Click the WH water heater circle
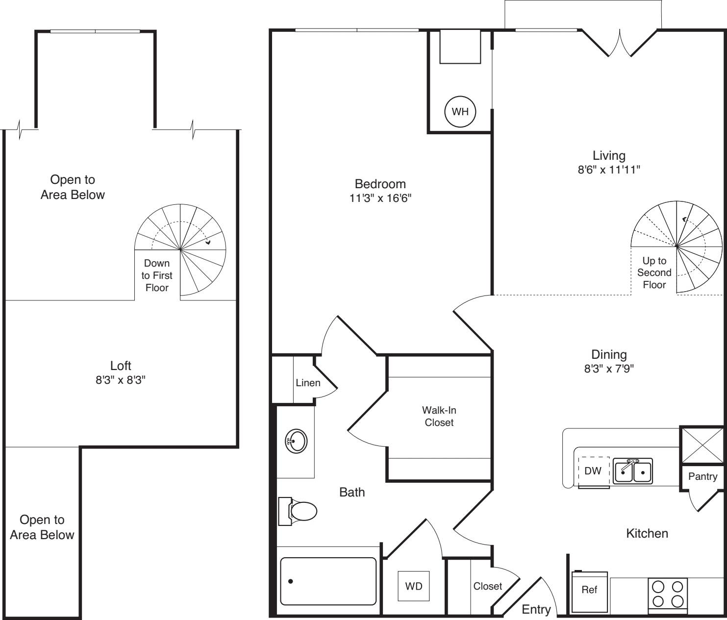coord(460,112)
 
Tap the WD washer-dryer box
coord(414,586)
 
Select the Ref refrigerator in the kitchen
coord(589,591)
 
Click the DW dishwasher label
coord(593,471)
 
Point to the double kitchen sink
coord(633,471)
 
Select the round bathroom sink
coord(296,441)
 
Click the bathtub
coord(328,581)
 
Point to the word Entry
coord(536,609)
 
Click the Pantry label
coord(702,476)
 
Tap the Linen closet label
coord(308,383)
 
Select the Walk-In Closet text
coord(439,416)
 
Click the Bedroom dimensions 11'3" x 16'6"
coord(380,198)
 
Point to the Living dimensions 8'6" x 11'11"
coord(609,170)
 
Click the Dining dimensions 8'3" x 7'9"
coord(609,369)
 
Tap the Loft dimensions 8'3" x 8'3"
coord(121,380)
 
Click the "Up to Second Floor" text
coord(654,273)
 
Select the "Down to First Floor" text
coord(157,275)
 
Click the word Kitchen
coord(647,533)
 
